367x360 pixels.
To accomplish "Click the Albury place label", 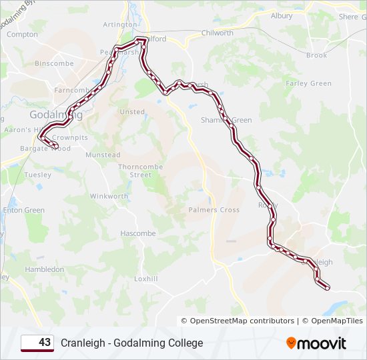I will click(x=282, y=15).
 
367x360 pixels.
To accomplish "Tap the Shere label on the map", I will click(x=348, y=17).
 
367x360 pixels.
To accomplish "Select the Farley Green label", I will click(x=308, y=83).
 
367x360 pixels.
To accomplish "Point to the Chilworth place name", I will click(x=217, y=33).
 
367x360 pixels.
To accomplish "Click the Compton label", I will click(x=23, y=34).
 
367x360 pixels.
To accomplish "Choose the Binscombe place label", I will click(x=54, y=64).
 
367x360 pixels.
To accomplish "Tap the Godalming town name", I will click(x=56, y=115).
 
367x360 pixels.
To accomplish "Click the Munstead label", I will click(x=103, y=155).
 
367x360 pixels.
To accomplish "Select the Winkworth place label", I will click(x=109, y=197).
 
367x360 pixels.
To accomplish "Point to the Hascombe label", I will click(x=137, y=234).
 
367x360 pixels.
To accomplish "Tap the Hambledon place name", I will click(x=44, y=269).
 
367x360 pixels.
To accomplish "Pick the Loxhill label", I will click(x=145, y=279).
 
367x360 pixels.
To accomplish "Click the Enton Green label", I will click(x=23, y=210).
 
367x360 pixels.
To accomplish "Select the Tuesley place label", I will click(x=37, y=175).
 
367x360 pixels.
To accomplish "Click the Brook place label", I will click(x=316, y=55).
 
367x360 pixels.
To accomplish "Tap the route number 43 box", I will click(x=37, y=343).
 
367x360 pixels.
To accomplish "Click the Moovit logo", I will click(x=316, y=343).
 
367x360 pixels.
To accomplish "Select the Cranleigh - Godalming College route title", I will click(x=132, y=343).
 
